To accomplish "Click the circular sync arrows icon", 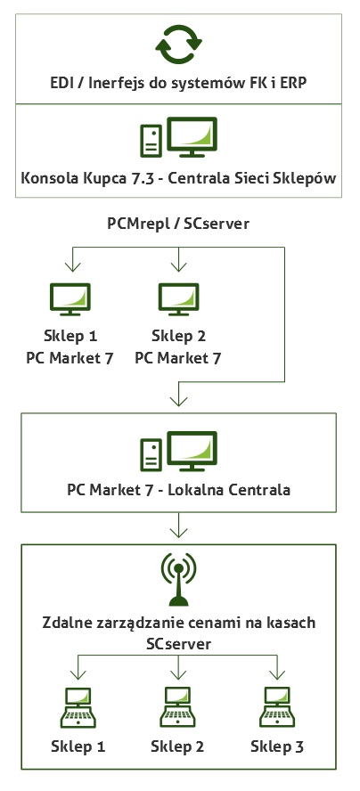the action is [x=178, y=45].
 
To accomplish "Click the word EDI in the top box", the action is [x=61, y=83].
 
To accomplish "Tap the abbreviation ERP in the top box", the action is [x=294, y=83].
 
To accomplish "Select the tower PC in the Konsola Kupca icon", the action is [x=151, y=140].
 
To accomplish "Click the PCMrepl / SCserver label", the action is [x=178, y=224].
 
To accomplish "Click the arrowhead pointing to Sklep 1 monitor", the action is [x=73, y=265].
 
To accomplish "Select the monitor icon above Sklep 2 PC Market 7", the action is [x=178, y=299].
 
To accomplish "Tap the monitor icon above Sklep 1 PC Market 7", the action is [x=70, y=299].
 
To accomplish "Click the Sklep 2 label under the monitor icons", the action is [x=178, y=336].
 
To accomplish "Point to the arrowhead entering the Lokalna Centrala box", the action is [x=178, y=400].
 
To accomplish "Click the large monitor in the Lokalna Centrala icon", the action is [x=192, y=451].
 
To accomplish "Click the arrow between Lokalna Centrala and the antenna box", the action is [x=178, y=526].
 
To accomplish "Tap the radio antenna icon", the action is [x=178, y=580].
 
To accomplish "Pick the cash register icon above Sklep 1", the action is [x=78, y=706].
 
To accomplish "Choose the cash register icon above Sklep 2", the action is [x=177, y=706].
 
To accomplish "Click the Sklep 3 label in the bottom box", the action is [x=277, y=746].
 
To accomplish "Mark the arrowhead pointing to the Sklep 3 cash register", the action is [x=276, y=674].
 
